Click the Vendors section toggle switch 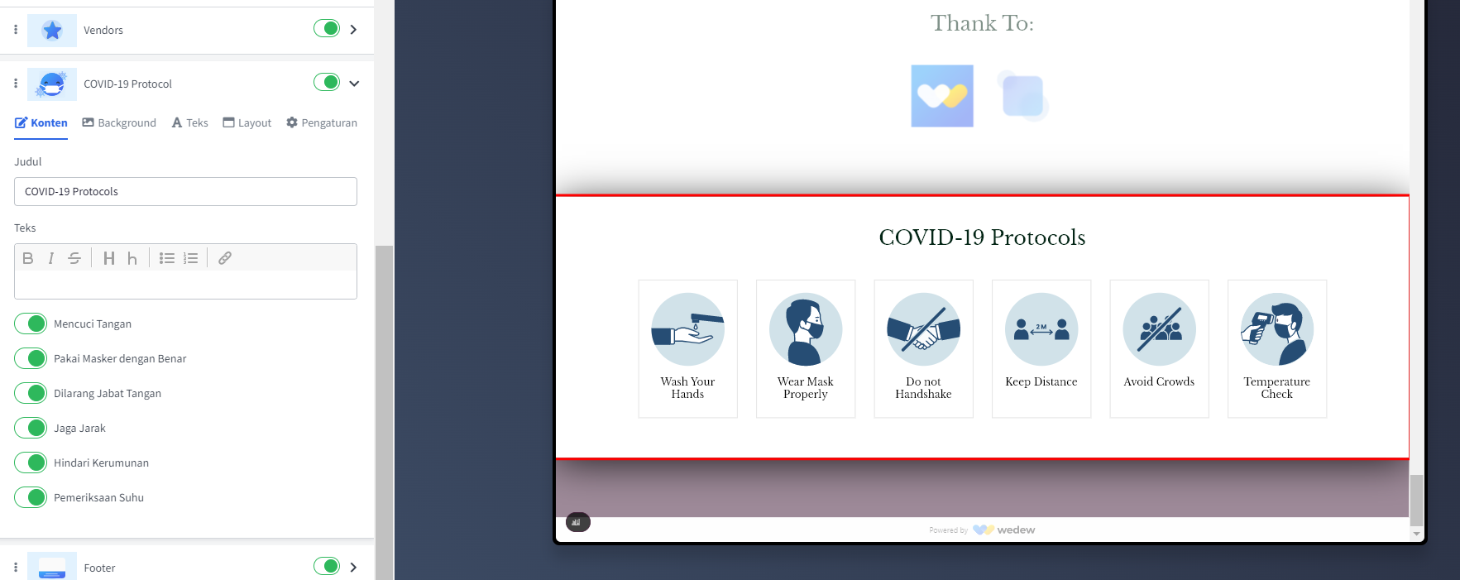(327, 29)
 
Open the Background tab (119, 122)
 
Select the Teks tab (189, 122)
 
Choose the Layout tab (247, 122)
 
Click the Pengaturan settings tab (322, 122)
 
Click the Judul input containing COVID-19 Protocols (185, 191)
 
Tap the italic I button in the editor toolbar (51, 258)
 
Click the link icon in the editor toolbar (224, 258)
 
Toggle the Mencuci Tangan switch (31, 324)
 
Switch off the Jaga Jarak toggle (31, 428)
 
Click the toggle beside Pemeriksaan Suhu (31, 497)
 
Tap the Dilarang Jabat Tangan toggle (31, 393)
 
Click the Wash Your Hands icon (687, 329)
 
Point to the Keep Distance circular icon (1041, 329)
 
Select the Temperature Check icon (1277, 329)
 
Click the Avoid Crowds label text (1159, 381)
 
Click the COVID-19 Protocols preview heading (982, 237)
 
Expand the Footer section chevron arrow (353, 567)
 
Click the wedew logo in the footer (1004, 530)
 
